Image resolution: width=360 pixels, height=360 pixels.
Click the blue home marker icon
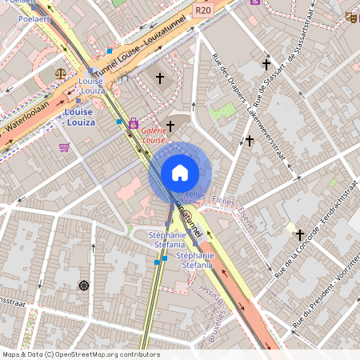(x=180, y=172)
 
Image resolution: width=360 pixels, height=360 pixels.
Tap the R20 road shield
(x=203, y=10)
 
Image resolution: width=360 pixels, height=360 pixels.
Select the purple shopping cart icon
(x=64, y=146)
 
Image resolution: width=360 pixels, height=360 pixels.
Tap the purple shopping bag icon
(x=133, y=124)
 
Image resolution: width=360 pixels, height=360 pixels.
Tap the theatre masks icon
(x=350, y=17)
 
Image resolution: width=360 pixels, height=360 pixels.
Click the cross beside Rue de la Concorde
(x=300, y=234)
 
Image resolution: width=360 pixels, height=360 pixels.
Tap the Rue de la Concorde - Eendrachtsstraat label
(x=314, y=227)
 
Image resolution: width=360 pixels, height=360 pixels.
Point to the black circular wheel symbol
(x=83, y=285)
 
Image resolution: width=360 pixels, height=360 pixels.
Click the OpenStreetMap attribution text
(x=69, y=354)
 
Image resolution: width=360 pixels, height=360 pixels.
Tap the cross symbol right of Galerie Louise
(x=170, y=125)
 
